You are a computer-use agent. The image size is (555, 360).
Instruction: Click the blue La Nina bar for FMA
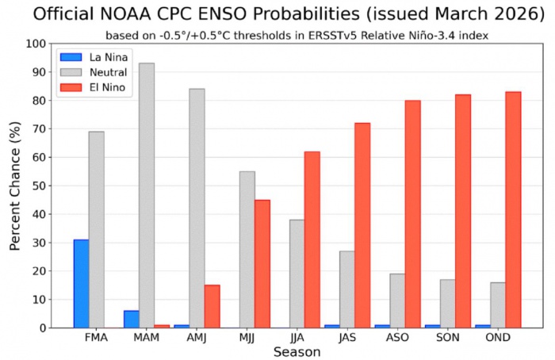[81, 283]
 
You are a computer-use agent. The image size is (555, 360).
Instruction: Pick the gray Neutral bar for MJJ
[247, 249]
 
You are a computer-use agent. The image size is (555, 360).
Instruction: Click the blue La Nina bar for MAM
[131, 319]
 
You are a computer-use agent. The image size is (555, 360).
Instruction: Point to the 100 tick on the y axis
[35, 44]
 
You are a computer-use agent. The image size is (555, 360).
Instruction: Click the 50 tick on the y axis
[38, 186]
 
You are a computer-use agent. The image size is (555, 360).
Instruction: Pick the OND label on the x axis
[497, 338]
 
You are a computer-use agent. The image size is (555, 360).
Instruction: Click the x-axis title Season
[297, 351]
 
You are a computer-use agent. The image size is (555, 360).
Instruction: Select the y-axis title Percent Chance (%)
[15, 186]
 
